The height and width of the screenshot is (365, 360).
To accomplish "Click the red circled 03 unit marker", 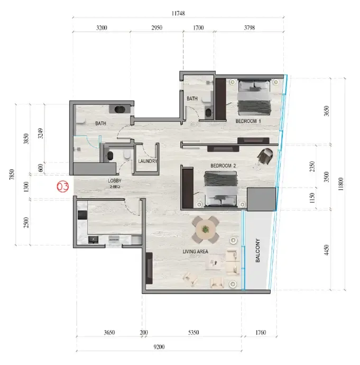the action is (63, 187).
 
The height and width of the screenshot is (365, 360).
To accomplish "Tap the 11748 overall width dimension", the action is (178, 13).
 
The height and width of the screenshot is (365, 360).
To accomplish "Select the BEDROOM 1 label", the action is (248, 121).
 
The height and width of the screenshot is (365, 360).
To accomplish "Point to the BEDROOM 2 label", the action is (223, 166).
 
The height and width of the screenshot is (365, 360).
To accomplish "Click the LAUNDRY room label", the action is (147, 161).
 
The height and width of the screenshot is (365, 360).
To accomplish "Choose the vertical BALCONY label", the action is (257, 250).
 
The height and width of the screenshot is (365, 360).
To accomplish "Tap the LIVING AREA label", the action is (196, 252).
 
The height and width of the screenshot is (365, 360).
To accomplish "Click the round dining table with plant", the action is (205, 230).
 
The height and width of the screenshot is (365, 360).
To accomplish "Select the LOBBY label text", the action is (115, 180).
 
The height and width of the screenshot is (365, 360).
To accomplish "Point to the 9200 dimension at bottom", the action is (159, 347).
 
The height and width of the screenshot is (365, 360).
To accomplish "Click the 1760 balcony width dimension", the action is (261, 332).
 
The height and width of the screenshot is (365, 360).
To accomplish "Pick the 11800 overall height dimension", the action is (340, 184).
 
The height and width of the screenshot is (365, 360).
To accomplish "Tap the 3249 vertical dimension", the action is (41, 133).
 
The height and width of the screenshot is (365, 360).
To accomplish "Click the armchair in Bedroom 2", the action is (265, 156).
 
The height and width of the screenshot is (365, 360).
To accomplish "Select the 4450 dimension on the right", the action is (327, 250).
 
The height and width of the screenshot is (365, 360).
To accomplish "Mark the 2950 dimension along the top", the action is (157, 28).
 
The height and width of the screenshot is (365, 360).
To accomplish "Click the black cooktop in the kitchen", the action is (82, 215).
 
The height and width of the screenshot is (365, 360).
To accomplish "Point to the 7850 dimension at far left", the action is (12, 175).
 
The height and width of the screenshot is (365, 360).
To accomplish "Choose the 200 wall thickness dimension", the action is (144, 332).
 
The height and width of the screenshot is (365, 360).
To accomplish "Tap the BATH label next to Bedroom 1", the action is (192, 99).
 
